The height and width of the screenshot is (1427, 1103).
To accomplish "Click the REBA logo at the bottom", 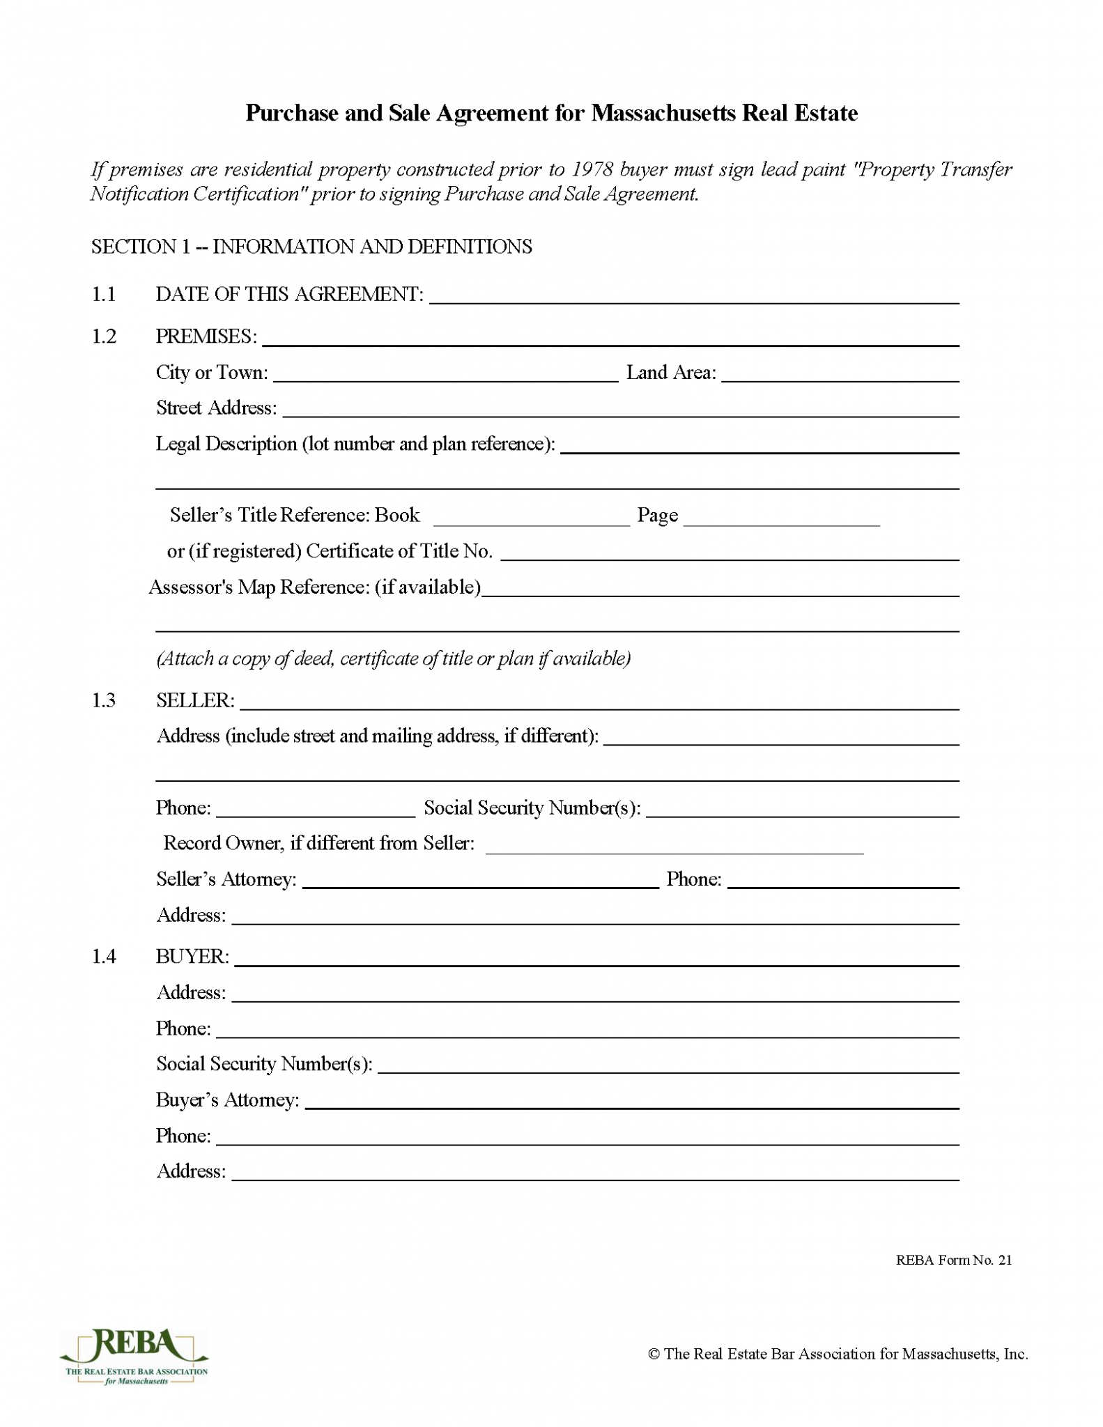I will click(x=134, y=1355).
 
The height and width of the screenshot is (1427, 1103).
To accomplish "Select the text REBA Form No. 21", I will click(x=953, y=1260).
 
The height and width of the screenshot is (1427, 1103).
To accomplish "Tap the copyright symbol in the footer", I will click(x=654, y=1354).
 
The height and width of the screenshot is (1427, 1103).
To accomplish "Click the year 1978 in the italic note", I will click(x=592, y=169).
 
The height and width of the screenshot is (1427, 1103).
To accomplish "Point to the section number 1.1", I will click(x=104, y=295).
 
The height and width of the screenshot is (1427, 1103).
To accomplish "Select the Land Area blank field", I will click(x=840, y=375).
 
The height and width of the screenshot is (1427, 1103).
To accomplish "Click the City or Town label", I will click(x=212, y=373).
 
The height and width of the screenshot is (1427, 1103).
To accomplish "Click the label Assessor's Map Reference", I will click(x=314, y=587).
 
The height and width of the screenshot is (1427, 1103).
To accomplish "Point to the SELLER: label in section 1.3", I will click(x=195, y=701).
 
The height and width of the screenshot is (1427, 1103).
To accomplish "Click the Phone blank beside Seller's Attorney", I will click(x=843, y=881).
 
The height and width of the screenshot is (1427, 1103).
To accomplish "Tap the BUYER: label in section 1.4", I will click(x=192, y=957).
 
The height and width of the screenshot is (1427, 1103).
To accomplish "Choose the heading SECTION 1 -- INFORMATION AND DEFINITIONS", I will click(x=311, y=247).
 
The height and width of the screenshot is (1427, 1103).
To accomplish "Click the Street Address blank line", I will click(x=620, y=410).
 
